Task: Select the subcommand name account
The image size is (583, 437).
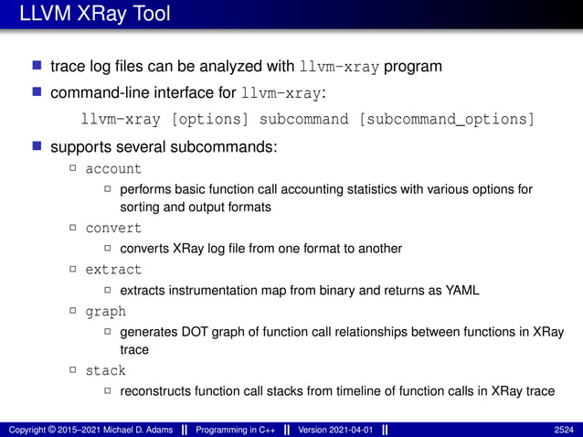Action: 113,169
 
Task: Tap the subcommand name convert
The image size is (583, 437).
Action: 113,228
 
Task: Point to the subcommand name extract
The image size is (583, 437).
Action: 113,270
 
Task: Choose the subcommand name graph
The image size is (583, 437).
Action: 105,312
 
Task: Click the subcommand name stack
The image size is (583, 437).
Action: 105,370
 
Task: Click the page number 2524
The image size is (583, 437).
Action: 564,429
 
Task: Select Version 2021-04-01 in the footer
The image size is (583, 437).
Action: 335,429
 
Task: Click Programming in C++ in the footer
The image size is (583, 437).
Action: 238,429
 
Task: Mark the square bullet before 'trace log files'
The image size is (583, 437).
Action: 37,67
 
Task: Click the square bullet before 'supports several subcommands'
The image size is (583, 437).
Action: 37,146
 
